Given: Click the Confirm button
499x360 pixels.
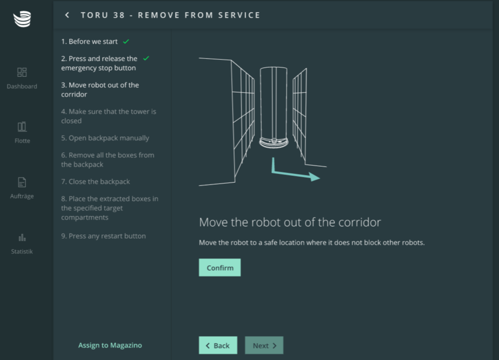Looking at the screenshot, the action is [x=220, y=267].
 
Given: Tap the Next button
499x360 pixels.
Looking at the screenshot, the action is [x=264, y=345].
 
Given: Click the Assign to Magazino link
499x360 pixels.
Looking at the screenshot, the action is [x=110, y=345].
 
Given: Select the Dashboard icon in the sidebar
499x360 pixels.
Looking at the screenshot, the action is [x=22, y=72].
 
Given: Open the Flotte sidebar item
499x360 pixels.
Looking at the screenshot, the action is [x=22, y=133].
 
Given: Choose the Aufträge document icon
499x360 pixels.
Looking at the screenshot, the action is [x=22, y=182].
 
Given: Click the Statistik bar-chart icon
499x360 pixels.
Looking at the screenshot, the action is [x=22, y=238].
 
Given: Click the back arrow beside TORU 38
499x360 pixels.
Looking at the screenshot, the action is [x=67, y=15].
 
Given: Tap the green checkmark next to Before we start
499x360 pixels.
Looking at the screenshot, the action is [x=126, y=41].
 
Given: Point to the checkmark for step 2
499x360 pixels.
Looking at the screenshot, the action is [x=146, y=58].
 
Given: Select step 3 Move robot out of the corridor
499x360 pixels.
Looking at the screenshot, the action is [x=100, y=89].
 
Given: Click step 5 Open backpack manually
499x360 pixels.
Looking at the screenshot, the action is [x=105, y=138].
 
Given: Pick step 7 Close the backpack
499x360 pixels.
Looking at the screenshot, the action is [x=95, y=181].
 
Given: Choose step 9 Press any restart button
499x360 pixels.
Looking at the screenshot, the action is [x=104, y=236].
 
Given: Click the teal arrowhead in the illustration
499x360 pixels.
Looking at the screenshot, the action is [x=314, y=177].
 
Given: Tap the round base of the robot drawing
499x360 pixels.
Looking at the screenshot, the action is [x=274, y=142].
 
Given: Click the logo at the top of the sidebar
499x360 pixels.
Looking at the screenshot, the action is [x=22, y=19].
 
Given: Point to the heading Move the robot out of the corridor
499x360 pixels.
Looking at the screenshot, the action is [x=290, y=222].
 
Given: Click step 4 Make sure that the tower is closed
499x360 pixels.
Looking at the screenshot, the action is [x=109, y=116].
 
